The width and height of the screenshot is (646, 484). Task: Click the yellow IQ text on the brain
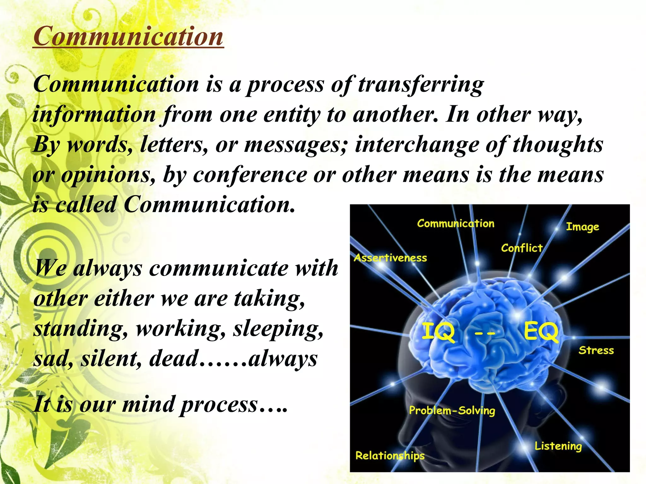(438, 332)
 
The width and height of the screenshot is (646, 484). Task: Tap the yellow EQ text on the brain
(541, 332)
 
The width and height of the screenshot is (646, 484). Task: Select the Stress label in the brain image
(596, 350)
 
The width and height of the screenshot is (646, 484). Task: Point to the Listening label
(558, 446)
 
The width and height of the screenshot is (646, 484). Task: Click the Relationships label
(390, 456)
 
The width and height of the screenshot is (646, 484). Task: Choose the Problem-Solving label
(452, 410)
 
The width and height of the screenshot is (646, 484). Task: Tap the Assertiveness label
(390, 258)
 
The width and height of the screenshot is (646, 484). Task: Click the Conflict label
(522, 248)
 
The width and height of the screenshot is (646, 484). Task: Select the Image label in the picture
(582, 227)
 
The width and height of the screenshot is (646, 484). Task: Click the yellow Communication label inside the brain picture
(455, 223)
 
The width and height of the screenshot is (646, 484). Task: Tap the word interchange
(416, 145)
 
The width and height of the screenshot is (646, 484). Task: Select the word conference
(250, 175)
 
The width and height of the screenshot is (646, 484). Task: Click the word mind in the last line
(148, 404)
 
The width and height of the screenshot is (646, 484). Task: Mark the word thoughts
(558, 145)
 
